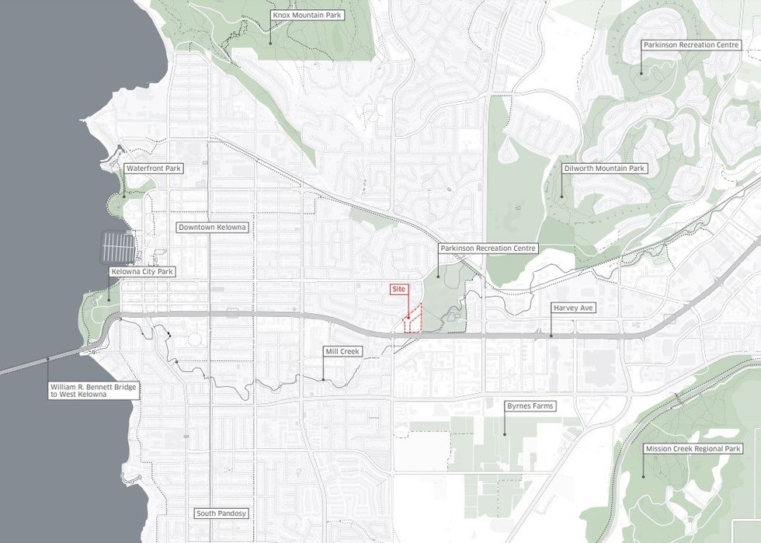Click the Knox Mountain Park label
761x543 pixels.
coord(307,16)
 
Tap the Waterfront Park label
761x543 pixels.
coord(154,168)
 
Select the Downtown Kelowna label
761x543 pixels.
coord(212,228)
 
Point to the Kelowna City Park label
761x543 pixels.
coord(143,272)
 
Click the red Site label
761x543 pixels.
coord(399,289)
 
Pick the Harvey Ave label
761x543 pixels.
coord(572,308)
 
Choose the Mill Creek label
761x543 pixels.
coord(342,352)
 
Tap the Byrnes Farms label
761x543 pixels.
coord(530,406)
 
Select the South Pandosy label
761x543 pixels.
coord(221,514)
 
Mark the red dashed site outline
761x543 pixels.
coord(412,320)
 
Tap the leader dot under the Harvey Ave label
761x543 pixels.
coord(551,336)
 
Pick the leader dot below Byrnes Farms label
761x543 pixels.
coord(505,433)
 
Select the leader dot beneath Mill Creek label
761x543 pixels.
coord(323,379)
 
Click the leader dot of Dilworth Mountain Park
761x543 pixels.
coord(562,196)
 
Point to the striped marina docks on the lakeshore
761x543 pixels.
coord(118,247)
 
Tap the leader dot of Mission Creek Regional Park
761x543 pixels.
coord(644,475)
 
